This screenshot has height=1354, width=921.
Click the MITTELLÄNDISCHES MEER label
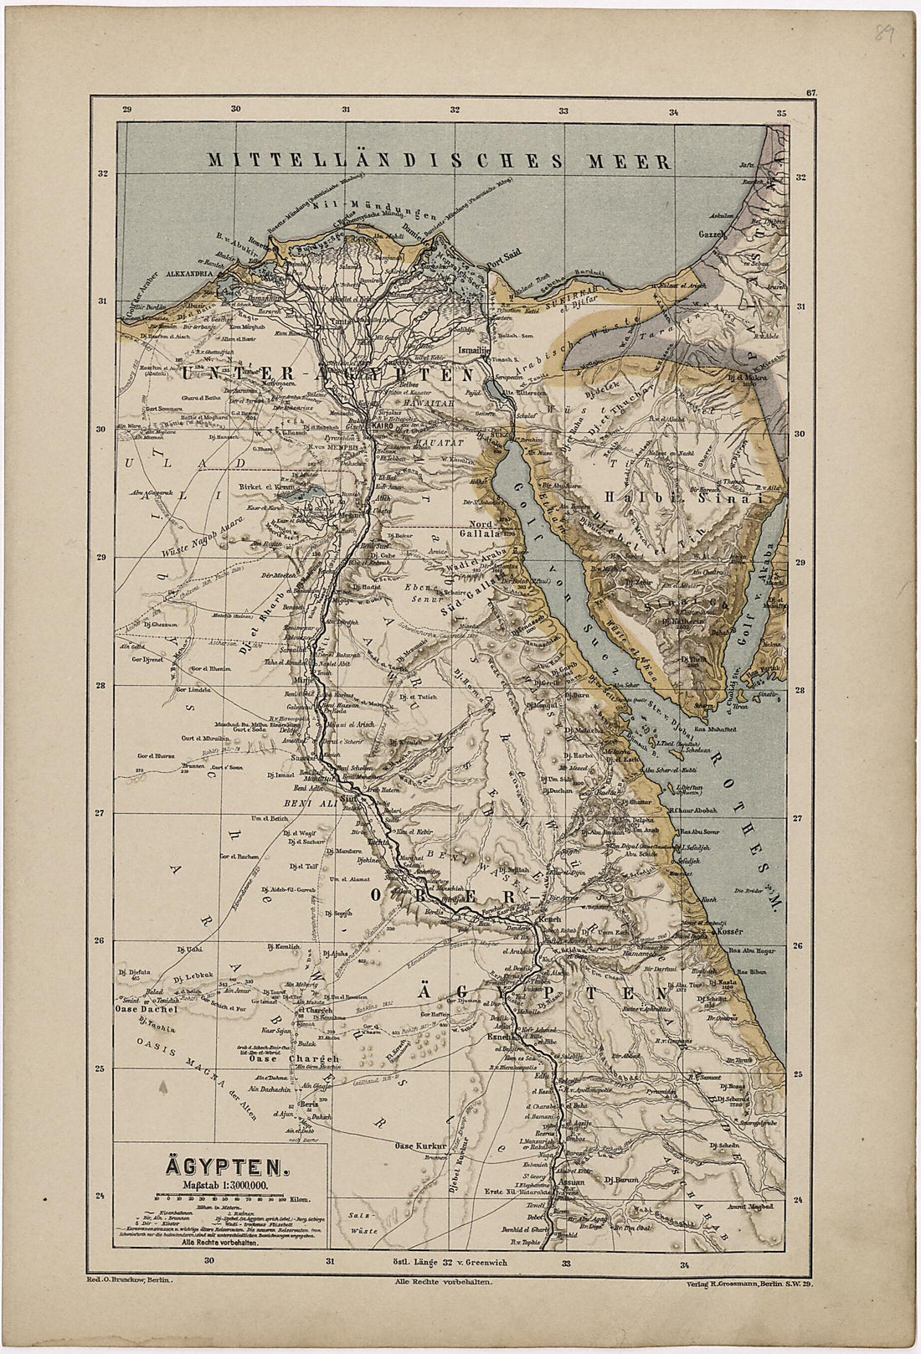(x=441, y=160)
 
